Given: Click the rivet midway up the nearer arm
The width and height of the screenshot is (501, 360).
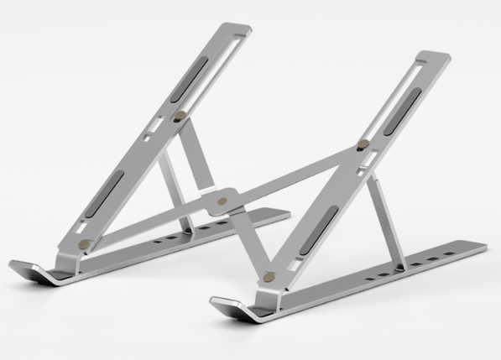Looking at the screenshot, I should coord(362,146).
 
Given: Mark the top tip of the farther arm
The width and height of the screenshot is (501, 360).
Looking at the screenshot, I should coord(240,28).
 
